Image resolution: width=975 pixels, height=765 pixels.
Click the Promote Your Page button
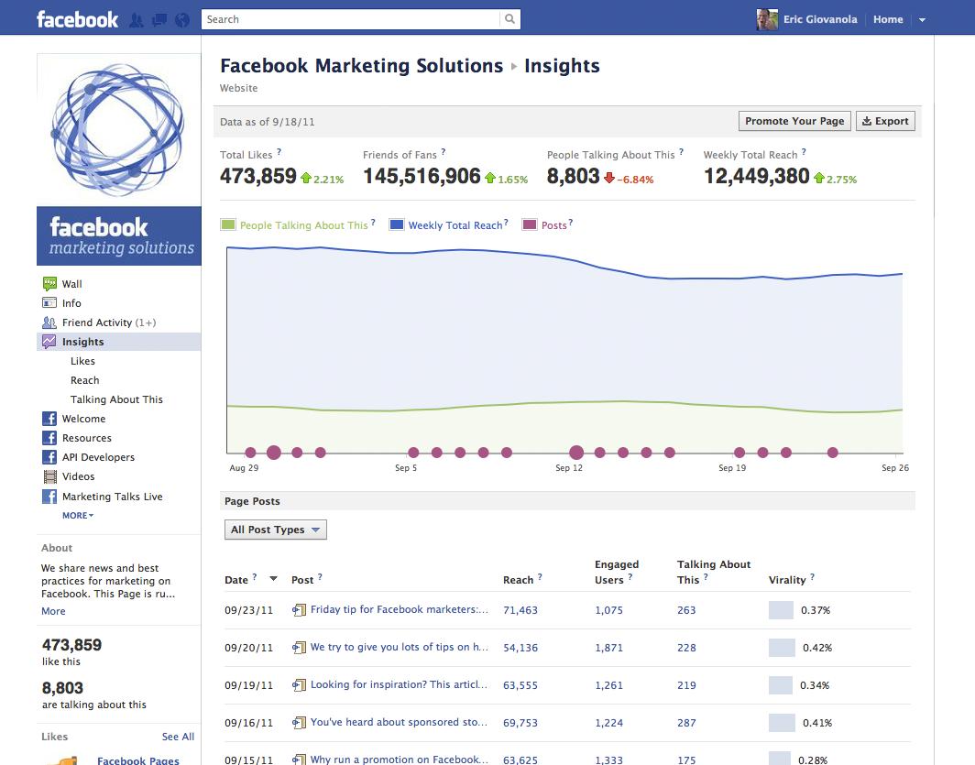794,121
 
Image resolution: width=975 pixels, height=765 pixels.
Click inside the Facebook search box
352,19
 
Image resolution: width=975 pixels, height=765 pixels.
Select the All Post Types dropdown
275,530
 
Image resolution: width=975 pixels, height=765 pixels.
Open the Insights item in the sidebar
82,342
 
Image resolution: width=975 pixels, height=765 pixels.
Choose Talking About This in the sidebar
116,399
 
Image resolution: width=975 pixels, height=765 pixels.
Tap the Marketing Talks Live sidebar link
112,497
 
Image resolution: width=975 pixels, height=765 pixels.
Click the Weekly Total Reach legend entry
455,225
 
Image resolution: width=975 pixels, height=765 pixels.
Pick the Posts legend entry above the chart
553,225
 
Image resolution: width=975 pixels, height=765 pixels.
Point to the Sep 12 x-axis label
569,468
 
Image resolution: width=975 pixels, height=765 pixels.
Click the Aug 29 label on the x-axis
244,468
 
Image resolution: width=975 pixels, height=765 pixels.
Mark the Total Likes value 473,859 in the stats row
258,176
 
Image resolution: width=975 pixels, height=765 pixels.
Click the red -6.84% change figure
635,180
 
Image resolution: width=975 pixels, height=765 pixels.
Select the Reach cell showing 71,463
520,610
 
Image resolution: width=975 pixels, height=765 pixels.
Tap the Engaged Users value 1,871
608,648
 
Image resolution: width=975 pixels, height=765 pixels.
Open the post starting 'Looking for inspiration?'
399,684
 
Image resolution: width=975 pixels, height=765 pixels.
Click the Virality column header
787,580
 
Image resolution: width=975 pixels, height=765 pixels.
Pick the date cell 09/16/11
248,723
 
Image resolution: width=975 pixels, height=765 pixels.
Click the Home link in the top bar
888,19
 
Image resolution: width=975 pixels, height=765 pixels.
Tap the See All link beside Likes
178,737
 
